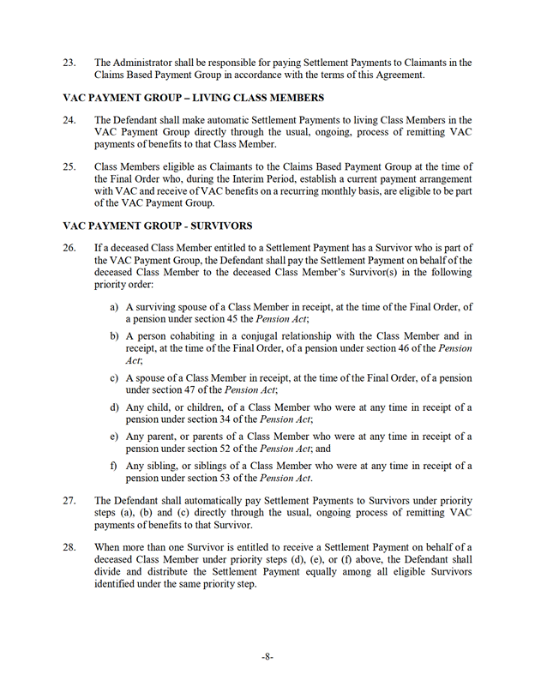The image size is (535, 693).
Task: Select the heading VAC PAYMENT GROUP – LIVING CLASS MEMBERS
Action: (194, 97)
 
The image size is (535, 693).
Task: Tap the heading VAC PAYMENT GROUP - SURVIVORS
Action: (158, 226)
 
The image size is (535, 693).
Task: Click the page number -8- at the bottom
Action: (267, 656)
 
